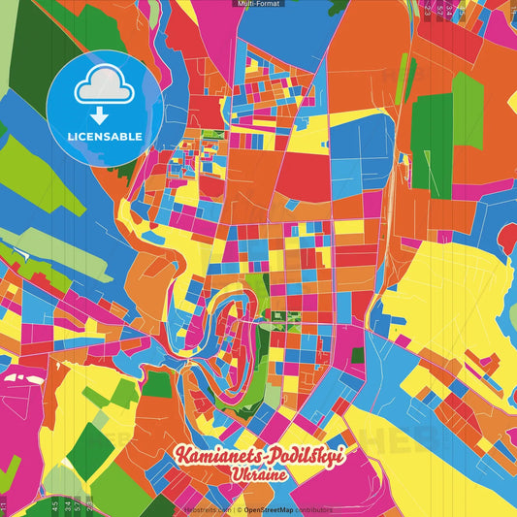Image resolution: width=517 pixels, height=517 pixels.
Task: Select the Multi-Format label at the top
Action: tap(258, 4)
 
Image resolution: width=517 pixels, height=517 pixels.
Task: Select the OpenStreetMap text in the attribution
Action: tap(270, 508)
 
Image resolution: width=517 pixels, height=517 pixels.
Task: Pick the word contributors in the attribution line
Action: tap(314, 508)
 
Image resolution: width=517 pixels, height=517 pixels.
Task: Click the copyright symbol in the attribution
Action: tap(239, 508)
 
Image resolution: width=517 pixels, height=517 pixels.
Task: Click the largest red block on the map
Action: tap(304, 175)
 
